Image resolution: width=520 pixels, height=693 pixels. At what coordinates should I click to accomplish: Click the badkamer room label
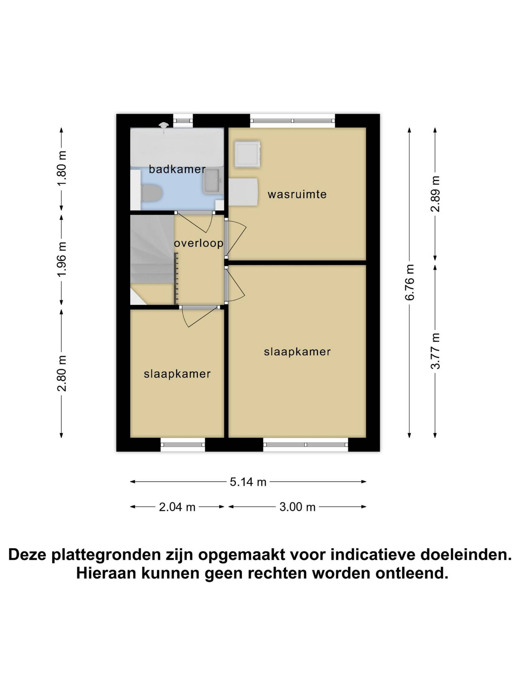tap(177, 169)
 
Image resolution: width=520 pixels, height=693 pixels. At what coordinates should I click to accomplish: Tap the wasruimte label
tap(297, 194)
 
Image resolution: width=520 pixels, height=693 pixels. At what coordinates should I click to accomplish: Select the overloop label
tap(199, 243)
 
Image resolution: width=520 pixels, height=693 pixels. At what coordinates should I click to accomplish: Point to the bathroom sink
tap(213, 181)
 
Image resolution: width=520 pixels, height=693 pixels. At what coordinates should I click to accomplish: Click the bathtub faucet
tap(163, 127)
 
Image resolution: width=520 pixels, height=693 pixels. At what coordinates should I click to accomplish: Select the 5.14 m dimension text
tap(248, 482)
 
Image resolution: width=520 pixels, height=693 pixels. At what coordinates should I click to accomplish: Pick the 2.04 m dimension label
tap(177, 506)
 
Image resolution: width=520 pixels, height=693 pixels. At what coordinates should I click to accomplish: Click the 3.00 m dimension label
tap(297, 506)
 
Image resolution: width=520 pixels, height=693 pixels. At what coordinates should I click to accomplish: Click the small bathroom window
tap(183, 121)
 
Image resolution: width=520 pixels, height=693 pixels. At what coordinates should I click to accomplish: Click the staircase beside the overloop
tap(152, 260)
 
